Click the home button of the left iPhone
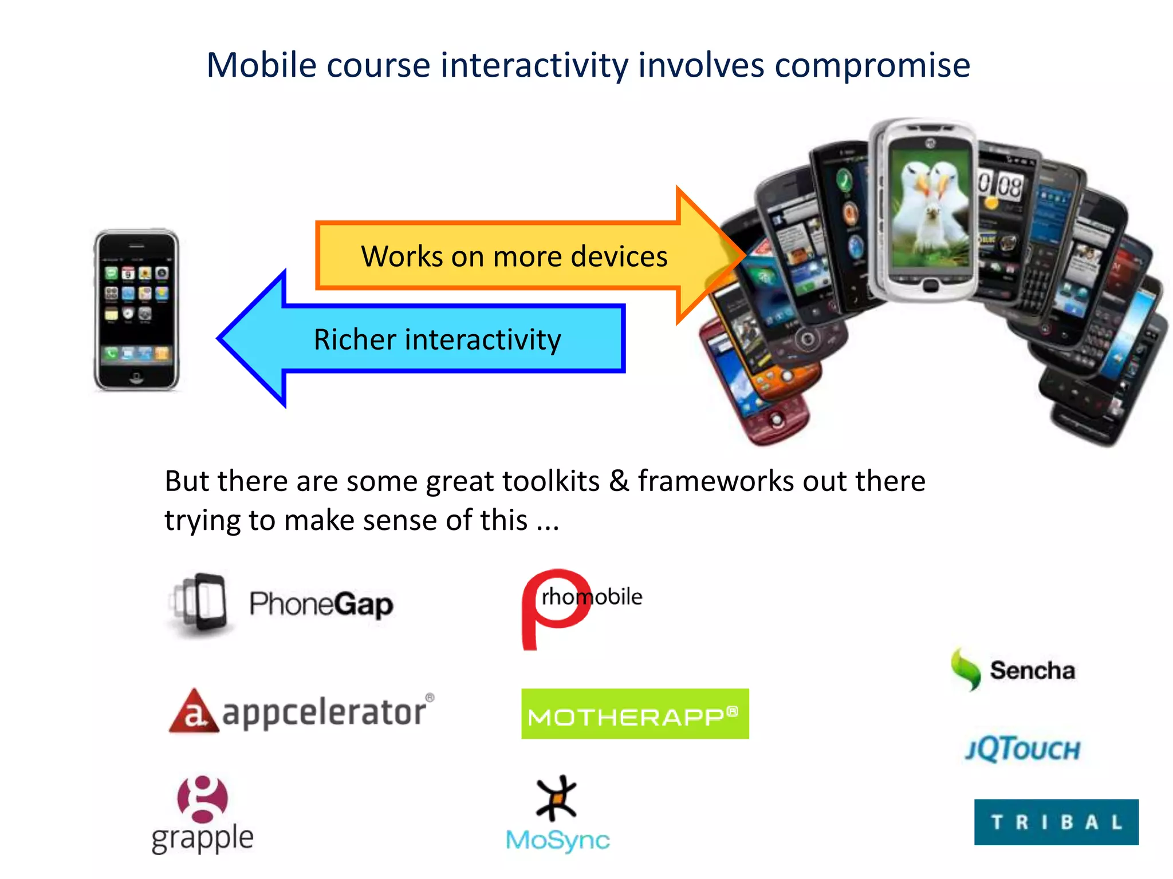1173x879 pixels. [x=136, y=377]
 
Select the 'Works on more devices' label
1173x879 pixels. [x=514, y=256]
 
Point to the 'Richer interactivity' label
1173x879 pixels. [x=437, y=339]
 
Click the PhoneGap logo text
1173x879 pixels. [x=321, y=604]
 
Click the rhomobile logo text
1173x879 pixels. [x=592, y=597]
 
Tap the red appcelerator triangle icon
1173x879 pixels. [x=194, y=711]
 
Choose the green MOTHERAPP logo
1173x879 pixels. [x=635, y=714]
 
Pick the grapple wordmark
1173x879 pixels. [x=202, y=839]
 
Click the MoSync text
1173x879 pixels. [x=558, y=840]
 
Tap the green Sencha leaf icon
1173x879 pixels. [x=966, y=669]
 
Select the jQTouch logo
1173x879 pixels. [x=1023, y=749]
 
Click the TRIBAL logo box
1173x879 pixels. [x=1056, y=822]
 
